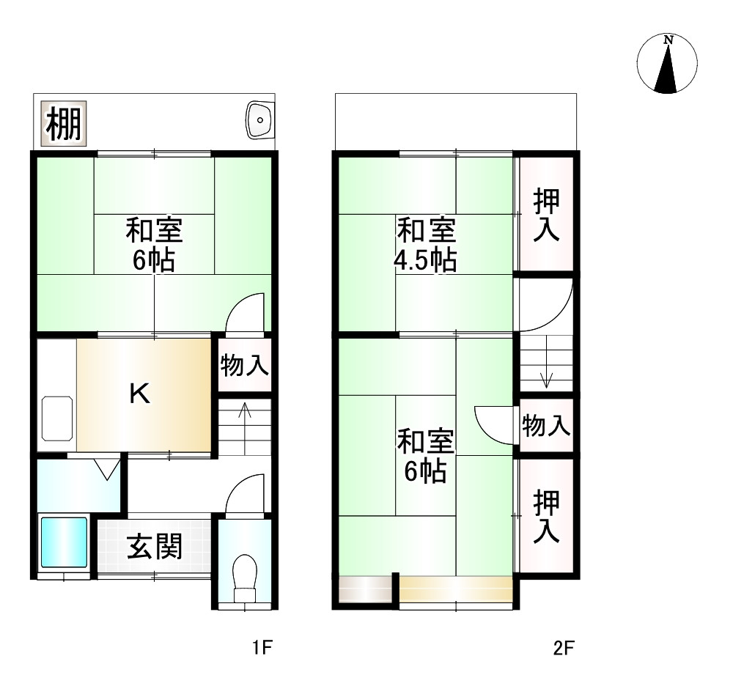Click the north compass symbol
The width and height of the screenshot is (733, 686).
(667, 64)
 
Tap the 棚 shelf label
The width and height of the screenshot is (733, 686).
(63, 124)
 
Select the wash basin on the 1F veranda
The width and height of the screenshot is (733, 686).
(259, 119)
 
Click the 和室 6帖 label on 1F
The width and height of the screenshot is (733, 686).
(154, 245)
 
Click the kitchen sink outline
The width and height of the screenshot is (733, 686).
(56, 418)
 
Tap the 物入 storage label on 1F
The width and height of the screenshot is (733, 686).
(245, 364)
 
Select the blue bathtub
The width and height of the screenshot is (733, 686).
(64, 542)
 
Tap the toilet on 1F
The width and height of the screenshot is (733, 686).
(244, 575)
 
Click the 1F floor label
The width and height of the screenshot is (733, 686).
(262, 648)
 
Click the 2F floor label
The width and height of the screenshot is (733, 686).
(563, 648)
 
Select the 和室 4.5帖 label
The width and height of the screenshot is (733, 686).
(426, 245)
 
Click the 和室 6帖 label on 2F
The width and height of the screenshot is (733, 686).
(426, 456)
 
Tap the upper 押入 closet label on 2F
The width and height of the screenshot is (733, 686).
(546, 215)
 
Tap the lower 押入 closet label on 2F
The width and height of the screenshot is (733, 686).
(546, 517)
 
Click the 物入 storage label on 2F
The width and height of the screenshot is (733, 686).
(546, 425)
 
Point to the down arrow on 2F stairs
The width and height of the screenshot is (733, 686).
(546, 380)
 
